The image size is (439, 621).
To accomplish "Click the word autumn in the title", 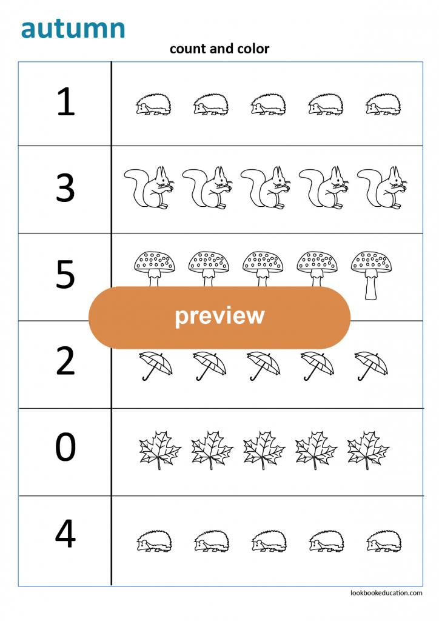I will pos(73,29).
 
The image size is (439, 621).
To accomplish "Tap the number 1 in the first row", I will pos(65,102).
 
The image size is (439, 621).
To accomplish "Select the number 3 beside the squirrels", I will pos(65,189).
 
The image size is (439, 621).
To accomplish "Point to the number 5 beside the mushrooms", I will pos(65,276).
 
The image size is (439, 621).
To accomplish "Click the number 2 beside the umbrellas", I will pos(65,362).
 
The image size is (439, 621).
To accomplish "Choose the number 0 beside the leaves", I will pos(65,449).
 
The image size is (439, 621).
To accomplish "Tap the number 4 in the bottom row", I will pos(65,535).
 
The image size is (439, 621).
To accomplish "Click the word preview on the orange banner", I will pos(219,316).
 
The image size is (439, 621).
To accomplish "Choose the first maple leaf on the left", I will pos(160,450).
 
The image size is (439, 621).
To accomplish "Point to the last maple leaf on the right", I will pos(367,450).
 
